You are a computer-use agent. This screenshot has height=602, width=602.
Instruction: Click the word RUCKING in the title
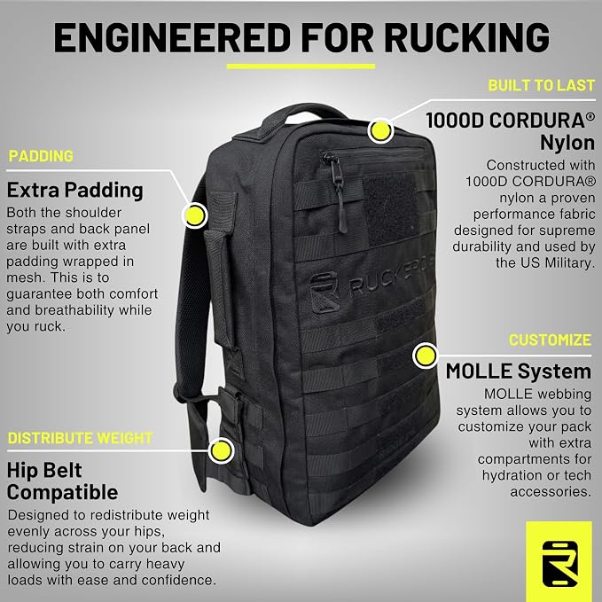466,37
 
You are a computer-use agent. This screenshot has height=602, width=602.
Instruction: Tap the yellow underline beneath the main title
301,66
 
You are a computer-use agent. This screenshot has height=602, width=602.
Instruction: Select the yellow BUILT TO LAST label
542,85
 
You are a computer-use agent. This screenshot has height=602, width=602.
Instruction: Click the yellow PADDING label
41,156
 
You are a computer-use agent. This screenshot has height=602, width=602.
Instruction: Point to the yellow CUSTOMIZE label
550,340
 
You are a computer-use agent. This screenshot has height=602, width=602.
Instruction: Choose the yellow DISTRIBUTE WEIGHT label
81,438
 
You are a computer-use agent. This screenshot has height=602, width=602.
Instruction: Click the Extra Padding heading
75,190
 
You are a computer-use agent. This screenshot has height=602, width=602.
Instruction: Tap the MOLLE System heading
519,371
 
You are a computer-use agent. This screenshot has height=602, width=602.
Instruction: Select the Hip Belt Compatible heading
63,481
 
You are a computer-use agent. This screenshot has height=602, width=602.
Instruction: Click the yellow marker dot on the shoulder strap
195,215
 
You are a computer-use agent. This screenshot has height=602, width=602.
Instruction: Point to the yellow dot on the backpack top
380,131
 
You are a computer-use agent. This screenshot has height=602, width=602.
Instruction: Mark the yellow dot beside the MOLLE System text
426,356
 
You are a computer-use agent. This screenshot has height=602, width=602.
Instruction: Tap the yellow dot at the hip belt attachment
221,450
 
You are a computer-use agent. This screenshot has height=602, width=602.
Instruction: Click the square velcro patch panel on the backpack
391,208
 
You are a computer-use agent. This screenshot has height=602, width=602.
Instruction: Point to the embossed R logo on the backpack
324,292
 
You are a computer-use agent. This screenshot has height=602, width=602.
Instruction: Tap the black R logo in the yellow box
559,564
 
